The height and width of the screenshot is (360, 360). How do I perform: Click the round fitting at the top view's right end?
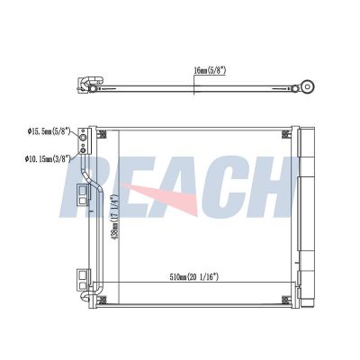pyautogui.click(x=308, y=87)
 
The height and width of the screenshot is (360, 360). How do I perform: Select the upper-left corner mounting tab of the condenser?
pyautogui.click(x=100, y=134)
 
